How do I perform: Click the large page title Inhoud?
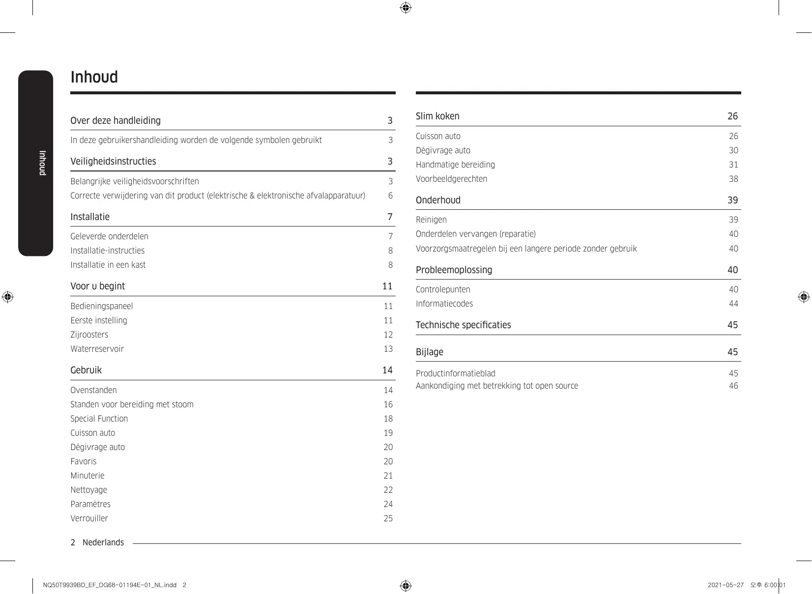[94, 78]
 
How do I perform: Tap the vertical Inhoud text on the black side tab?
[42, 163]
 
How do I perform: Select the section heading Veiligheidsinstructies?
[113, 162]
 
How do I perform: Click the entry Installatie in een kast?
[108, 265]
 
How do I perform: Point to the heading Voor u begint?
[97, 286]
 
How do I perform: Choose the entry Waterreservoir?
[97, 349]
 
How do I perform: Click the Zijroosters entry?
[89, 335]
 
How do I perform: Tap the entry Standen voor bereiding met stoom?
[132, 405]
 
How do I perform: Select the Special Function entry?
[99, 419]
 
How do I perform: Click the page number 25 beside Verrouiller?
[388, 519]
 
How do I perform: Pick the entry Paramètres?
[90, 505]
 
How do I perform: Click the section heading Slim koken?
[437, 116]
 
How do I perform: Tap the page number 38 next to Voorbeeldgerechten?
[733, 179]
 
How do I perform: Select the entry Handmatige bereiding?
[455, 165]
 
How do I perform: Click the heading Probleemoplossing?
[454, 270]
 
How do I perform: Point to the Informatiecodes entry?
[444, 304]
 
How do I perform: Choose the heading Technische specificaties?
[463, 325]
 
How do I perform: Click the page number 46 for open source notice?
[733, 386]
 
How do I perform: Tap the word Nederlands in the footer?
[103, 543]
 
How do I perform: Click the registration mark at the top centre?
[406, 8]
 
